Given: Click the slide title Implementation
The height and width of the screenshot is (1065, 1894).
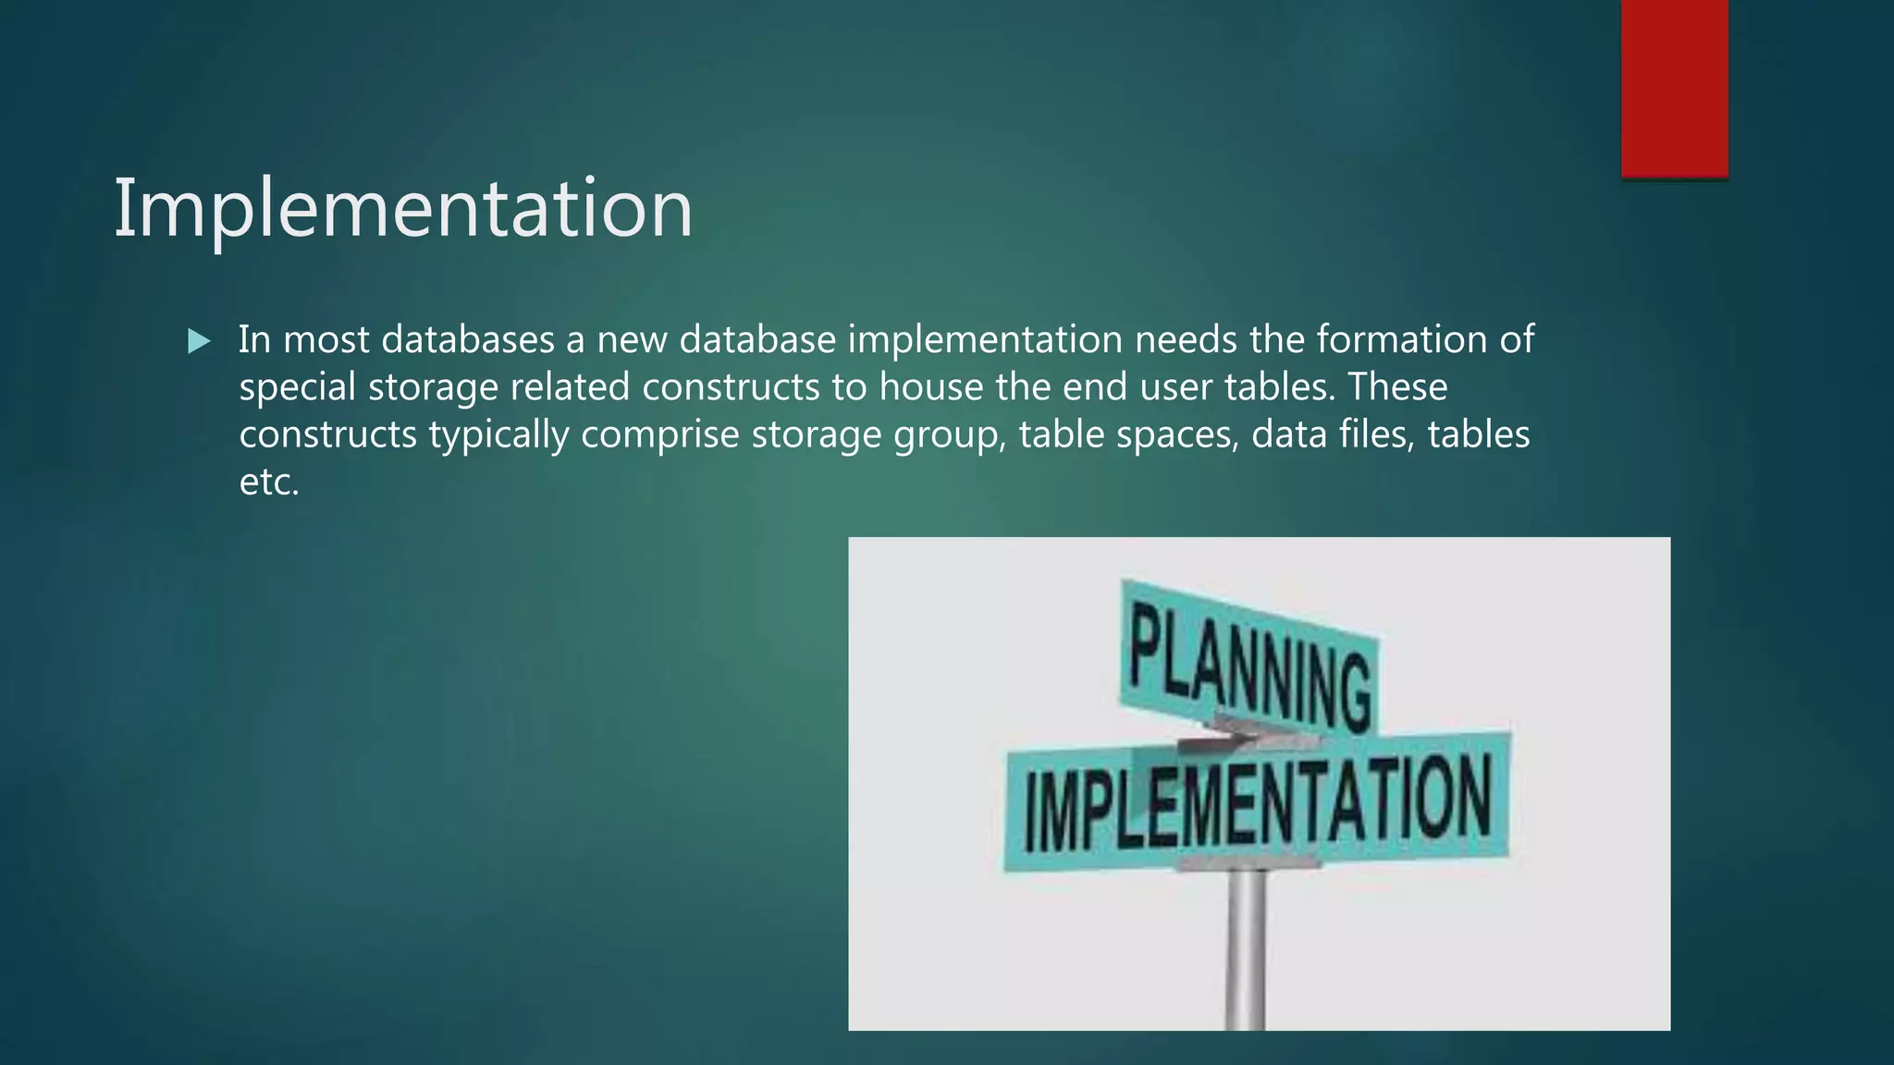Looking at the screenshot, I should pyautogui.click(x=402, y=210).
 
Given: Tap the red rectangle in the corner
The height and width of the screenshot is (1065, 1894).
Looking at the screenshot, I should pyautogui.click(x=1674, y=88).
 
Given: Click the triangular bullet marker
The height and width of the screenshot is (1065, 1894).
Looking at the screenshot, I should pyautogui.click(x=199, y=342).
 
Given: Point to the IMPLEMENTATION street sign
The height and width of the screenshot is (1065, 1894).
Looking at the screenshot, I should pyautogui.click(x=1258, y=802).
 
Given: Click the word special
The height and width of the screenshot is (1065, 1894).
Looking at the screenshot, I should pyautogui.click(x=297, y=387).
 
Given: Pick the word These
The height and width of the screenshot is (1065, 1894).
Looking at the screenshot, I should pyautogui.click(x=1397, y=387).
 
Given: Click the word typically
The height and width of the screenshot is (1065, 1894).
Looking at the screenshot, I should pyautogui.click(x=498, y=435).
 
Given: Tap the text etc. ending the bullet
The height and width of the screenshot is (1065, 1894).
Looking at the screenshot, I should pyautogui.click(x=269, y=483).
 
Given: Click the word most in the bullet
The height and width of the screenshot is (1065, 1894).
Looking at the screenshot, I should pyautogui.click(x=326, y=340).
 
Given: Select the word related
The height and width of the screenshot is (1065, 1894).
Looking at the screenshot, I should pyautogui.click(x=570, y=387).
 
